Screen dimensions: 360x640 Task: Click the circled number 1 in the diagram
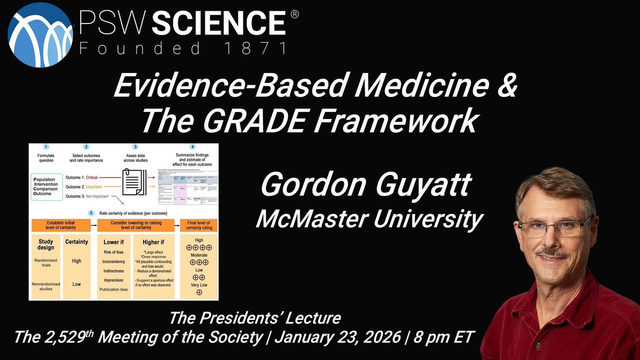pos(46,147)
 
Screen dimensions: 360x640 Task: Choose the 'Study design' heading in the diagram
pos(46,245)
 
